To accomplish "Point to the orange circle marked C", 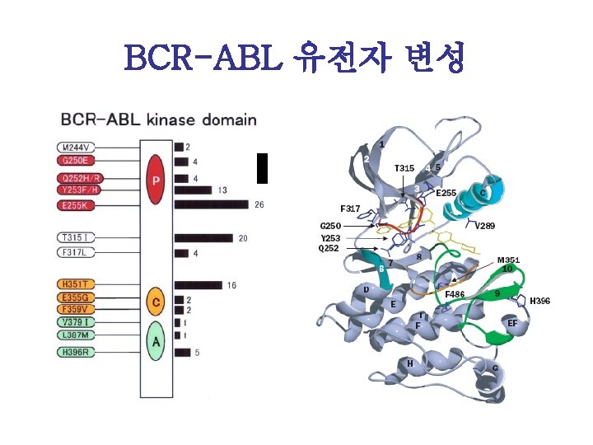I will [x=153, y=302].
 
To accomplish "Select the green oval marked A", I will [x=153, y=340].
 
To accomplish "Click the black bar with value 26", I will [x=211, y=204].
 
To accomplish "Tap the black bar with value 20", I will [x=203, y=238].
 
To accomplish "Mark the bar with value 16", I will [x=198, y=285].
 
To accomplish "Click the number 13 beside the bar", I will [x=223, y=190].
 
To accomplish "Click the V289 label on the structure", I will [x=485, y=226].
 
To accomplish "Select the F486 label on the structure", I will [x=455, y=293].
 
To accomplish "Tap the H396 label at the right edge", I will [x=539, y=302].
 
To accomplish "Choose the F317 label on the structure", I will [x=350, y=208].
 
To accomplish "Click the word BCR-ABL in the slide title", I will [x=204, y=59].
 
